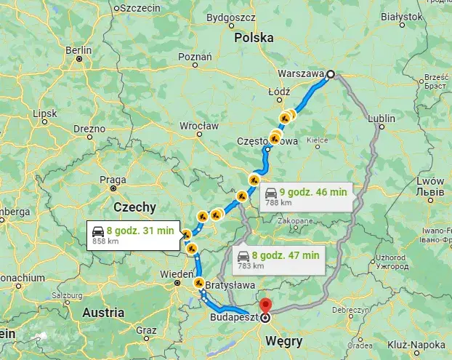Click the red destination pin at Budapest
tap(265, 305)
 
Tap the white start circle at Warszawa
tap(330, 73)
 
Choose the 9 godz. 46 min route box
tap(306, 195)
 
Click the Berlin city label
tap(78, 50)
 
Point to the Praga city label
tap(113, 180)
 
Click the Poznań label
tap(195, 56)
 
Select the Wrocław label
tap(199, 125)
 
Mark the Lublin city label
tap(382, 118)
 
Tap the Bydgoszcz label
tap(230, 16)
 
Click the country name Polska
tap(254, 36)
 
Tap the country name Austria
tap(103, 313)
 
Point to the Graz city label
tap(146, 329)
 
